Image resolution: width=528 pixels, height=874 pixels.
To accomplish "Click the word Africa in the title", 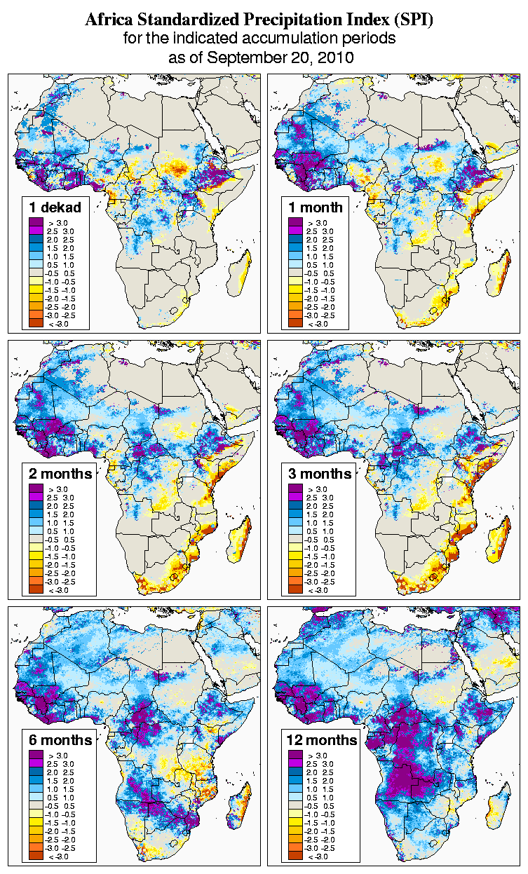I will coord(108,20).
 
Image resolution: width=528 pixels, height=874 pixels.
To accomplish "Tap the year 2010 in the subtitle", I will coord(332,57).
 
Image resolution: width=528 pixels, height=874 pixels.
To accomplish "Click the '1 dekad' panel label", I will coord(55,207).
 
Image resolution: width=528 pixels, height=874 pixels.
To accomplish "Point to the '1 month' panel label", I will coord(315,207).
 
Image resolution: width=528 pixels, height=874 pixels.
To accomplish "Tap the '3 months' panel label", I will coord(320,474).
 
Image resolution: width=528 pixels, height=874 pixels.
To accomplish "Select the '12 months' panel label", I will coord(322,740).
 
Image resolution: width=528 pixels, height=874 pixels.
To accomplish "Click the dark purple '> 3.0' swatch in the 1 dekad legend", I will coord(36,222).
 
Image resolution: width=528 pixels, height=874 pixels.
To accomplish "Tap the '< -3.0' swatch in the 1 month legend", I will coord(295,323).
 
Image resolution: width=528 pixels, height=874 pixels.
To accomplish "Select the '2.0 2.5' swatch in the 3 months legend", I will coord(295,505).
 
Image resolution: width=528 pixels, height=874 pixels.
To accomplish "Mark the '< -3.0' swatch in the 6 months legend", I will coord(36,856).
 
